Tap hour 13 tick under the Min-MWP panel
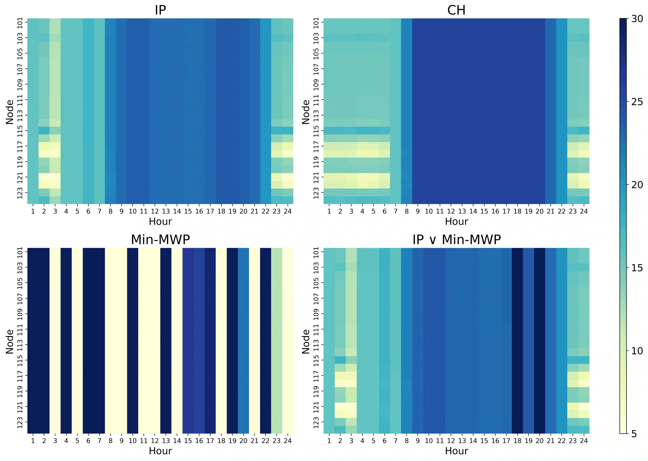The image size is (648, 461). [166, 441]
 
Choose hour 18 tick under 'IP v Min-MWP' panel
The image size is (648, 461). [517, 441]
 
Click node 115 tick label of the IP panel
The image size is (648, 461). [20, 131]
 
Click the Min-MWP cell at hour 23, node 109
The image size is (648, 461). [277, 314]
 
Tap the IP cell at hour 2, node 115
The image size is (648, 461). [44, 130]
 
